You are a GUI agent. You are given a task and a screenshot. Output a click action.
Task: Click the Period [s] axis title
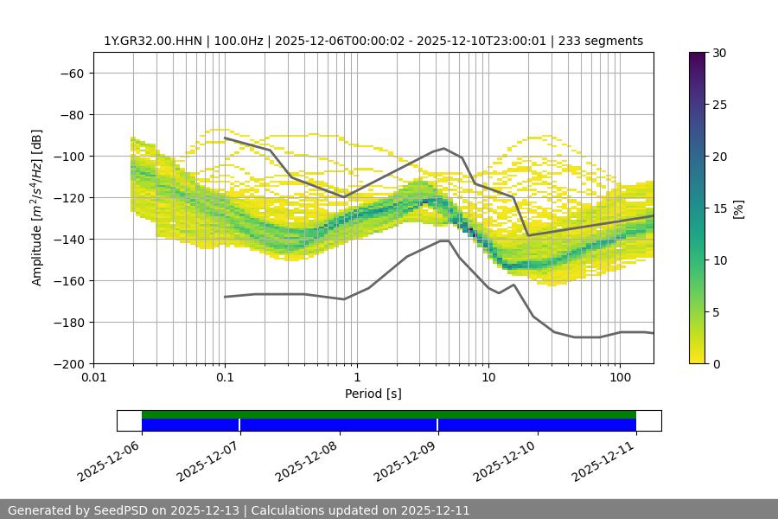click(373, 394)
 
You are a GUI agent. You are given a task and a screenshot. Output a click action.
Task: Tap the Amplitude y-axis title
click(37, 208)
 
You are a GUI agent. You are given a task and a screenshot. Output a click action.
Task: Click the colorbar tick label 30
click(718, 53)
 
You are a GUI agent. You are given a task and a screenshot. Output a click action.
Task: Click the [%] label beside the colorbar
click(738, 208)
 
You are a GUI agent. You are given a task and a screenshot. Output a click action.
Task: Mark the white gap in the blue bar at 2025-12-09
click(437, 425)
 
